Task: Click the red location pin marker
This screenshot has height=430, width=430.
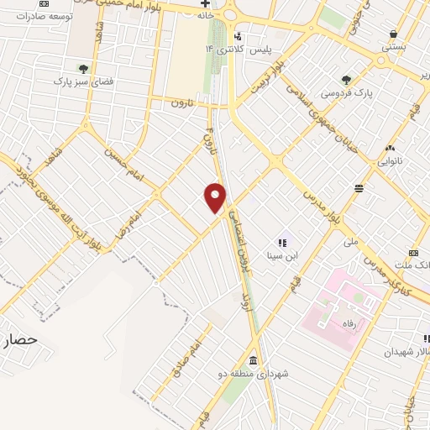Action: pyautogui.click(x=215, y=197)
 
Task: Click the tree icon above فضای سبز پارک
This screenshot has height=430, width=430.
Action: pyautogui.click(x=82, y=68)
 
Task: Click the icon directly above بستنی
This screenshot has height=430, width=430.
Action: pyautogui.click(x=393, y=34)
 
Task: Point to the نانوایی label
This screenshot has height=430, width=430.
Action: pyautogui.click(x=390, y=159)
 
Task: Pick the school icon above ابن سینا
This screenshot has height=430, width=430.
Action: pyautogui.click(x=282, y=243)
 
